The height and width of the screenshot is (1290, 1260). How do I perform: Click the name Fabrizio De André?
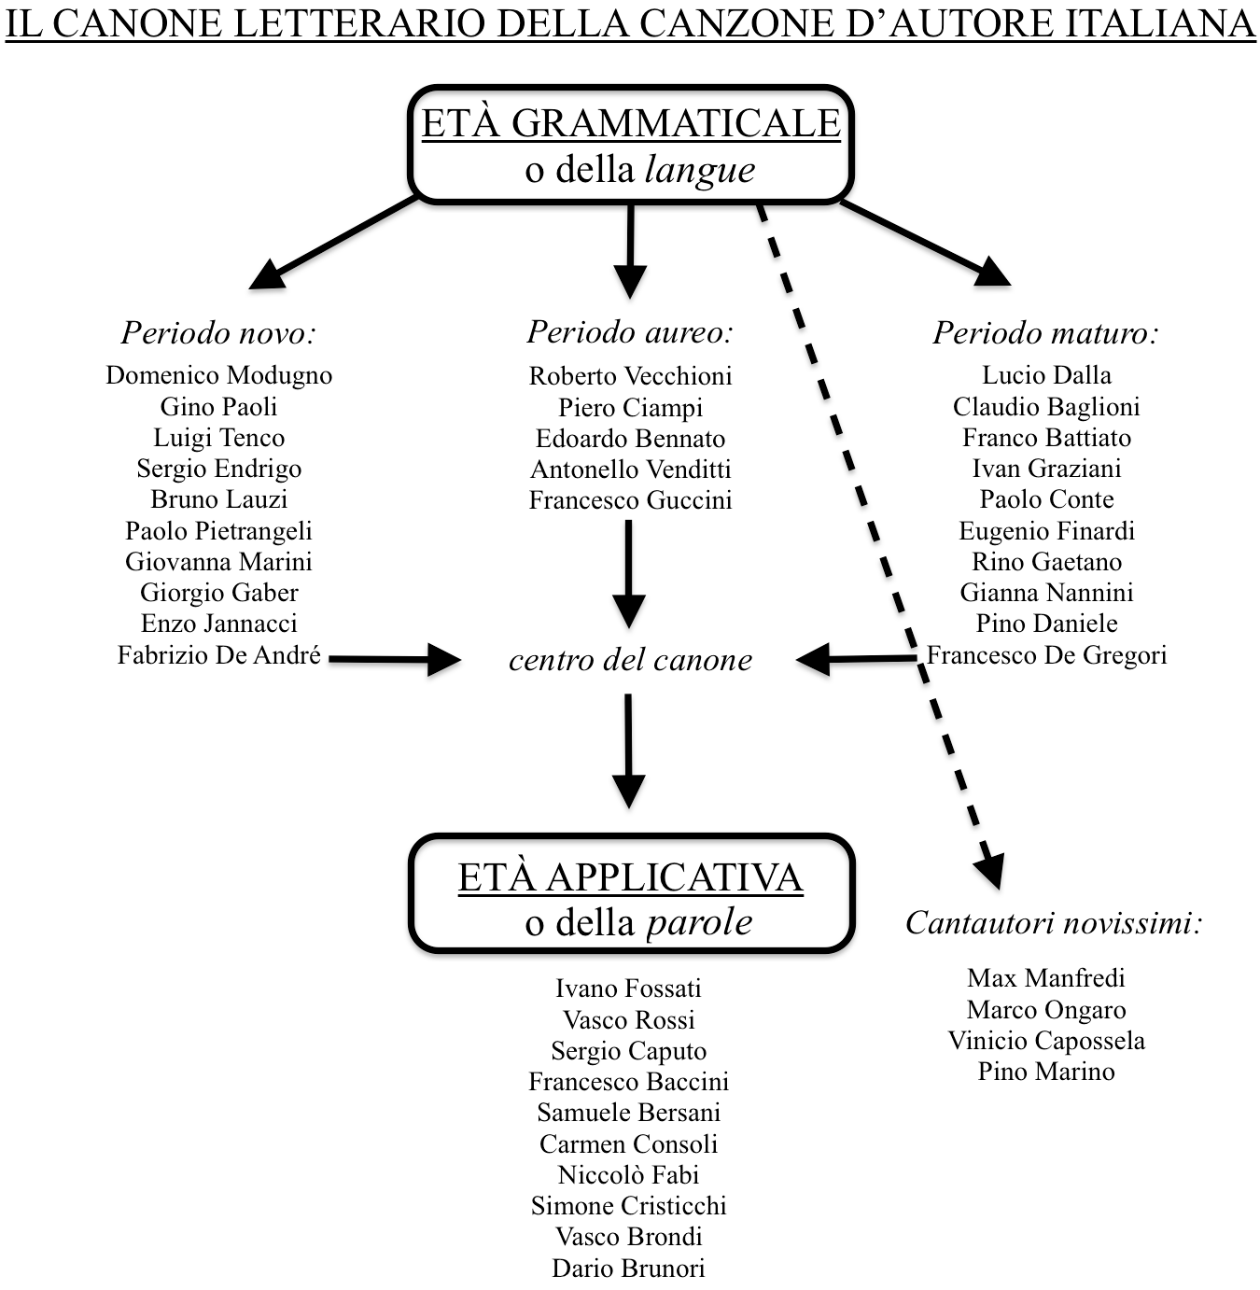218,655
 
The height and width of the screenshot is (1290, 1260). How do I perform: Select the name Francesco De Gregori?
1047,655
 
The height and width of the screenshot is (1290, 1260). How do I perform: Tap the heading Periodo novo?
218,332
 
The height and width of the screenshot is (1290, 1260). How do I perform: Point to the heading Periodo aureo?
630,331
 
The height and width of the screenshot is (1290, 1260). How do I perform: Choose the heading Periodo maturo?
1045,332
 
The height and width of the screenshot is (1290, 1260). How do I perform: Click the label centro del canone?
630,660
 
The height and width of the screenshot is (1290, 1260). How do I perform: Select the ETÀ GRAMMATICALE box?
631,146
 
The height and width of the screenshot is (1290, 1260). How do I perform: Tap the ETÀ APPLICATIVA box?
631,894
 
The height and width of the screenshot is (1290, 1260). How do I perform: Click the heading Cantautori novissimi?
1053,923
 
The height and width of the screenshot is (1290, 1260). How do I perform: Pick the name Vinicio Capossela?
1046,1041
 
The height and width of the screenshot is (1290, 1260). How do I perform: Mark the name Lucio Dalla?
1046,375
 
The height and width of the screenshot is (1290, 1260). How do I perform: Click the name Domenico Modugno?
218,375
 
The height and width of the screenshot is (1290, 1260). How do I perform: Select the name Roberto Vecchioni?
630,376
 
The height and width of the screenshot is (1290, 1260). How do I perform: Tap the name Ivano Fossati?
628,989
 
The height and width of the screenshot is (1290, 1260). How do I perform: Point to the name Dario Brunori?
628,1269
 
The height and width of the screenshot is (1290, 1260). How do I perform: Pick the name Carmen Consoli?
628,1144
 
